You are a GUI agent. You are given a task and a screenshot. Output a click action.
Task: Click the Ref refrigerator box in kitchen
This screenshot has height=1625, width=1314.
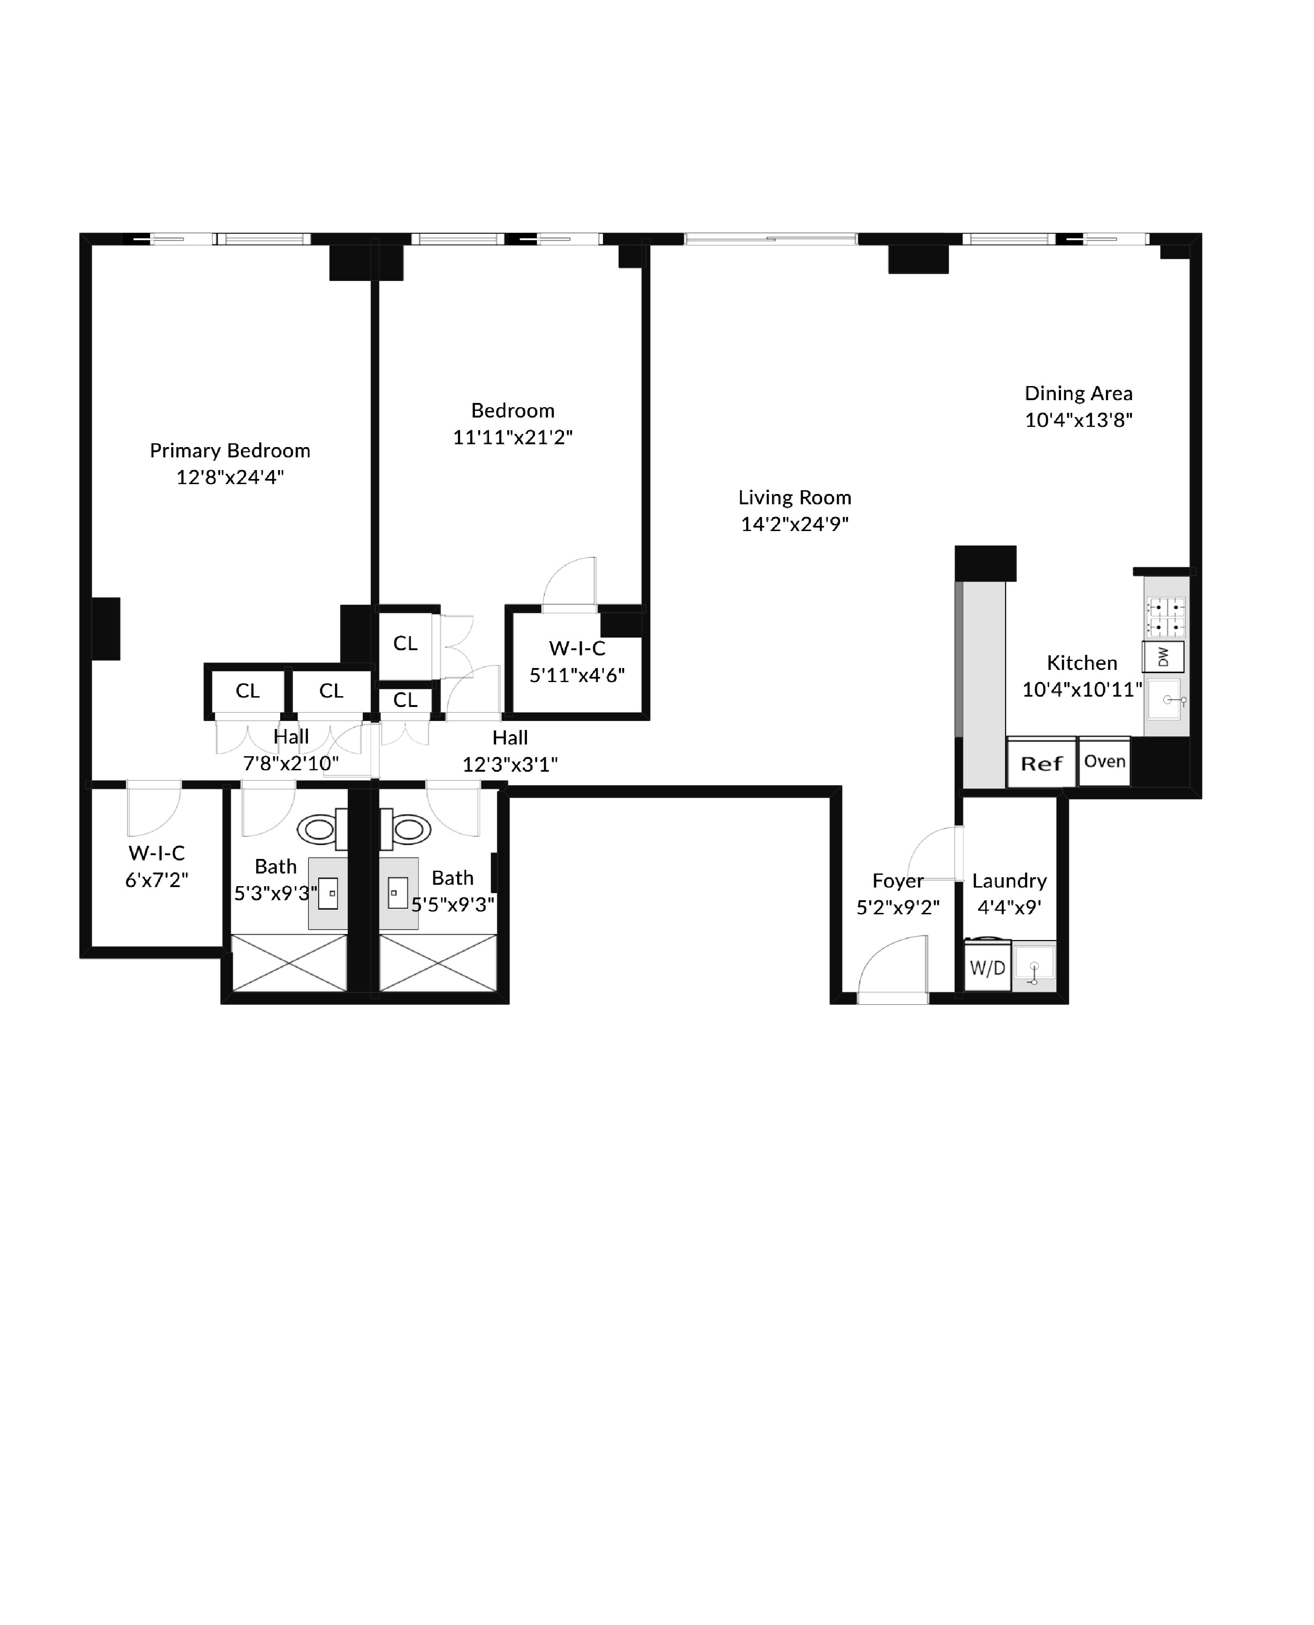1041,763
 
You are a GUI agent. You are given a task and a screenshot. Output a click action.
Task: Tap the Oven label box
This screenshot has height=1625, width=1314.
1104,761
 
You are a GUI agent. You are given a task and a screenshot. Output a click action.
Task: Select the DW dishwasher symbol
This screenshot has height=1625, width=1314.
1163,657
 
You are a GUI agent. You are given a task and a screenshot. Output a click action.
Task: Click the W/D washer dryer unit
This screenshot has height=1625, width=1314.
988,967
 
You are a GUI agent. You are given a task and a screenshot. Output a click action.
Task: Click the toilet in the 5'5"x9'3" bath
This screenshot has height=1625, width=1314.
407,829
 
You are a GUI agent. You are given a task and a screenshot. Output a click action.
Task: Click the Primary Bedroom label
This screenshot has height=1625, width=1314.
230,451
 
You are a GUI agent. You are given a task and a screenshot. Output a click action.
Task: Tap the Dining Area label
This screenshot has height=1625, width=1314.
1078,394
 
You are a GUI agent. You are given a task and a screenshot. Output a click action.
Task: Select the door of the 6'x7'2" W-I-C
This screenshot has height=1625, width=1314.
153,808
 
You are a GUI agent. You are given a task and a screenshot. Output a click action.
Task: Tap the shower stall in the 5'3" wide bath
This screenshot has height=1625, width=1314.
289,962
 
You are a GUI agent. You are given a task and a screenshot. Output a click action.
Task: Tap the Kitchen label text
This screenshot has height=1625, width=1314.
1082,663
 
